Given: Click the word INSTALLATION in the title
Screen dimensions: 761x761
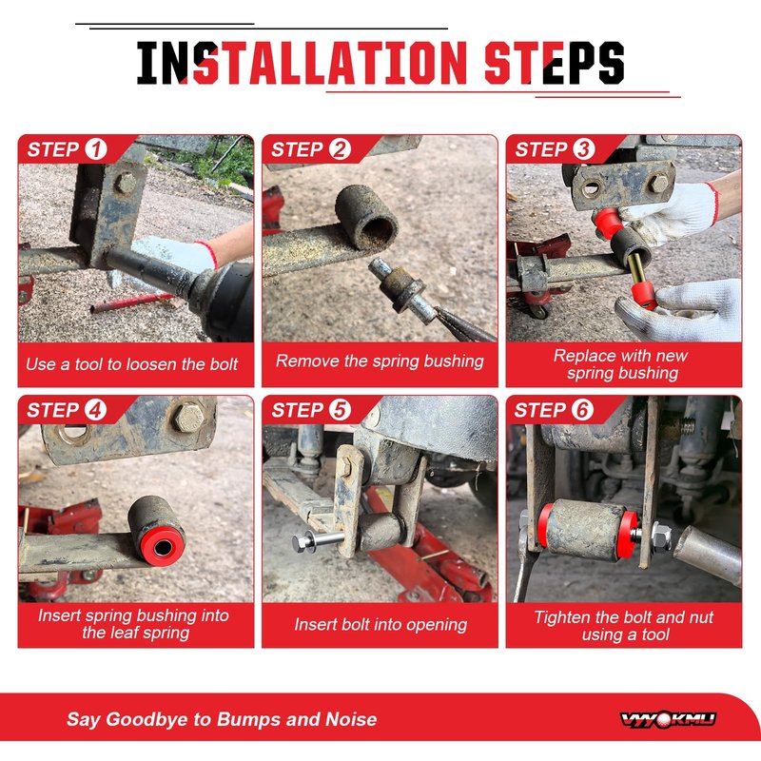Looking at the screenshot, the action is (x=302, y=63).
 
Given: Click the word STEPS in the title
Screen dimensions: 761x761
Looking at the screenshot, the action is (x=555, y=63).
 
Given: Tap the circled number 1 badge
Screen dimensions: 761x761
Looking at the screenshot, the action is (x=96, y=149).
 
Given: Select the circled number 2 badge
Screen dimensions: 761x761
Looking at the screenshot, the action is (x=340, y=149).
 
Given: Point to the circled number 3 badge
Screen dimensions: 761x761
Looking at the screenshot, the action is (x=584, y=149).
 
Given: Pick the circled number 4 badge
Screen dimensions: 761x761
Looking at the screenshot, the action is (x=96, y=410).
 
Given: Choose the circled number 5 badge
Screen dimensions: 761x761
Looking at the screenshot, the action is (x=340, y=410).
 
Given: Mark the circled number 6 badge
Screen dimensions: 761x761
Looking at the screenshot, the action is (x=582, y=410).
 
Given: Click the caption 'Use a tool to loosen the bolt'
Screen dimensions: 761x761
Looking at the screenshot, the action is (x=132, y=364).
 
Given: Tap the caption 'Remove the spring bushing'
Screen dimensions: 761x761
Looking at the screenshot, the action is (x=380, y=361).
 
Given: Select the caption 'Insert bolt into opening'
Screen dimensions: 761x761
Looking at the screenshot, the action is (x=380, y=624).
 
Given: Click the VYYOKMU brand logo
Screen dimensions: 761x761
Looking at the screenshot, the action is (x=668, y=719).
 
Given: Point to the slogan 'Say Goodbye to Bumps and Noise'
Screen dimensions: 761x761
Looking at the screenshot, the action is (x=222, y=719).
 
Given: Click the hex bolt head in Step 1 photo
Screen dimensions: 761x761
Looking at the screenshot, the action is (x=126, y=183).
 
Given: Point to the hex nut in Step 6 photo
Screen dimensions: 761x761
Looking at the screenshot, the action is (x=661, y=537).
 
